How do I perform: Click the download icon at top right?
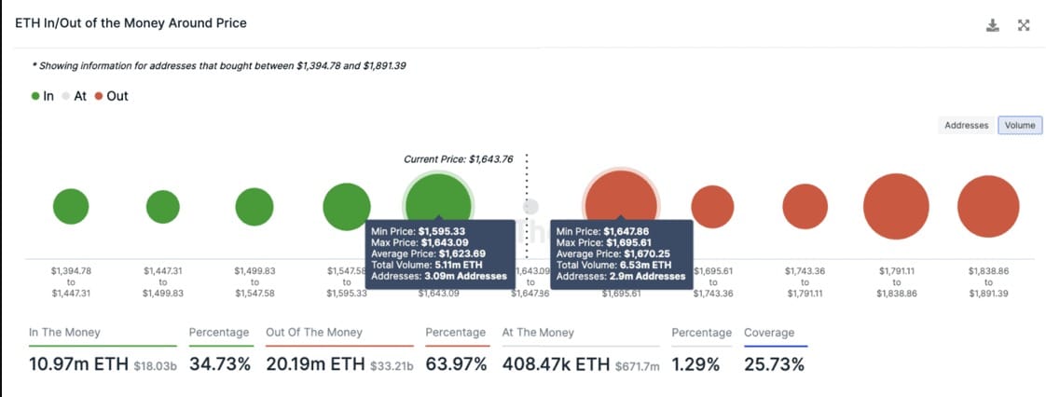992,25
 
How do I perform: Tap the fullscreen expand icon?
1024,25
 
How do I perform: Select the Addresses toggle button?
966,125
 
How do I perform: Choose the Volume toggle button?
1019,125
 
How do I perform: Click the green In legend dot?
35,96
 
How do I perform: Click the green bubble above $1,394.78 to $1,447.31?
71,207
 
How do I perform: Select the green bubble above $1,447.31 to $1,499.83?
163,207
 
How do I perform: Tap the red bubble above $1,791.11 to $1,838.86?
896,207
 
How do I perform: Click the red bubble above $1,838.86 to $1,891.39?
988,207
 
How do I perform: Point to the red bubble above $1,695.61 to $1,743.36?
712,207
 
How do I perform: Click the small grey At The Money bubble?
530,207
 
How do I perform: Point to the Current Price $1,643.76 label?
459,159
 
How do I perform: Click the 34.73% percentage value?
220,364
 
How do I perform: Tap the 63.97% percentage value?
456,364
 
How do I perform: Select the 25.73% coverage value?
774,364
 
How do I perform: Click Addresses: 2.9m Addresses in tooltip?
620,276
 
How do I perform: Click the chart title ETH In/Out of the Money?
131,22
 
